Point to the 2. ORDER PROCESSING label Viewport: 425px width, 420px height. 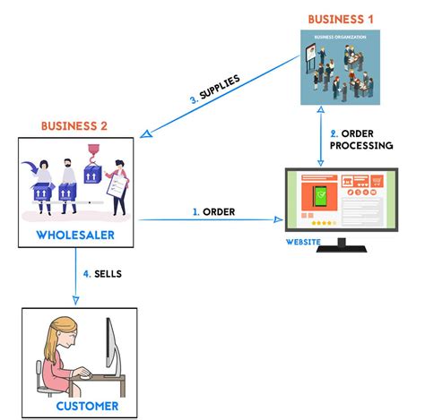pyautogui.click(x=361, y=139)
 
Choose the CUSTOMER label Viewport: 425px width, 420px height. pyautogui.click(x=80, y=406)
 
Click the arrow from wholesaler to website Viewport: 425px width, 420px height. pyautogui.click(x=206, y=220)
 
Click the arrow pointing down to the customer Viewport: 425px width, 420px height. pyautogui.click(x=77, y=278)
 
